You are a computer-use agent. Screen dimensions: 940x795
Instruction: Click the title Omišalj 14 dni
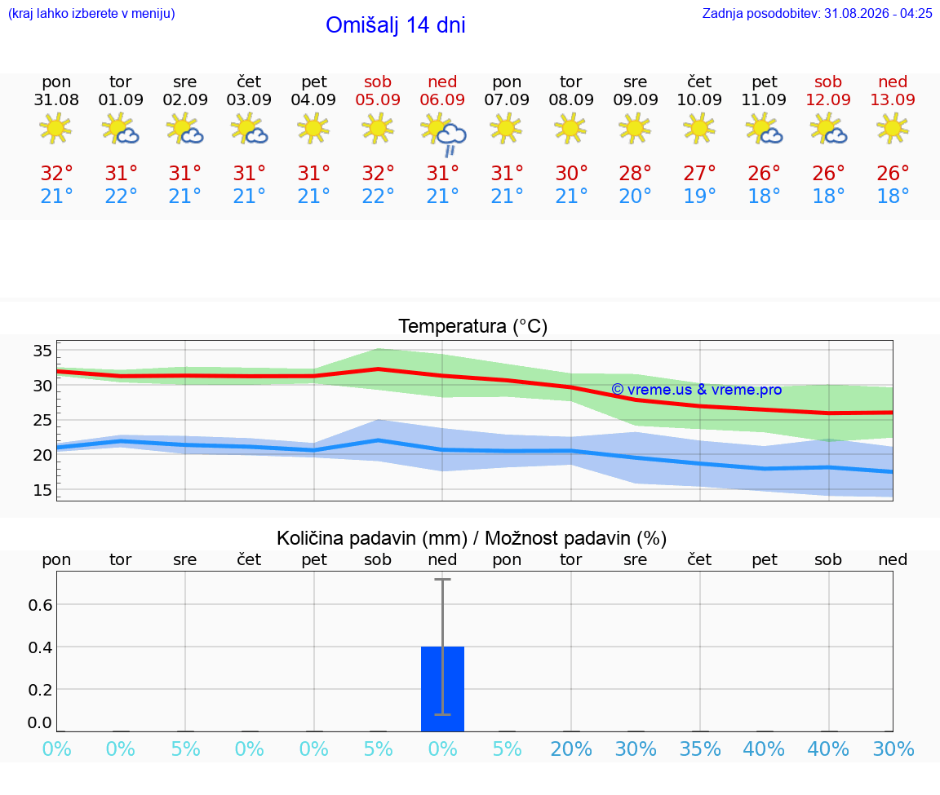click(396, 25)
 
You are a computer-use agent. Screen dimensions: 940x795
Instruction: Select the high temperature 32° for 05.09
click(379, 174)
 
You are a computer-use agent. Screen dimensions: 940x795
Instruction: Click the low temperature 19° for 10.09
click(699, 196)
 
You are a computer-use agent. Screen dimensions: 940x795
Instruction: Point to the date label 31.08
click(56, 100)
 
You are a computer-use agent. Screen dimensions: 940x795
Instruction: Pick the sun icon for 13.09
click(893, 128)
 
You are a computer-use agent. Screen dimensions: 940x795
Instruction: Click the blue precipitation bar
click(442, 689)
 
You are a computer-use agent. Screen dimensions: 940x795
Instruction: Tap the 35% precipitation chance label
click(700, 749)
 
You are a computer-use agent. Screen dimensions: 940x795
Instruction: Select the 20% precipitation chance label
click(571, 749)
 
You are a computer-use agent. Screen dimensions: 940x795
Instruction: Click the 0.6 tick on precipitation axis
click(40, 605)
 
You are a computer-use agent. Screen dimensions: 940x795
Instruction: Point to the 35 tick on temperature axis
click(42, 351)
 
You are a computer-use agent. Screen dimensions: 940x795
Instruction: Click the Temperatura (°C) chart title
click(473, 326)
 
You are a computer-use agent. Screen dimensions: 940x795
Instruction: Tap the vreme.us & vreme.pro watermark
click(697, 390)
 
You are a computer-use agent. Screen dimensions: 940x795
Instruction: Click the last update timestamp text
click(817, 13)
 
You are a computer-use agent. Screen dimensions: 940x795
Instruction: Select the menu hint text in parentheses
click(91, 13)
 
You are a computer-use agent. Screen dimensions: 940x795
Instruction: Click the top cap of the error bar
click(442, 579)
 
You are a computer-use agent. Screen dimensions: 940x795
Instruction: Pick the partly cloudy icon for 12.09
click(828, 129)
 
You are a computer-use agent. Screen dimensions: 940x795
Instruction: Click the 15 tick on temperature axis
click(42, 490)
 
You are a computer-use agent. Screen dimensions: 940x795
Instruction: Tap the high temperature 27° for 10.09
click(699, 174)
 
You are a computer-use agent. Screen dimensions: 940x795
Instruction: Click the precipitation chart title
click(472, 539)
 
